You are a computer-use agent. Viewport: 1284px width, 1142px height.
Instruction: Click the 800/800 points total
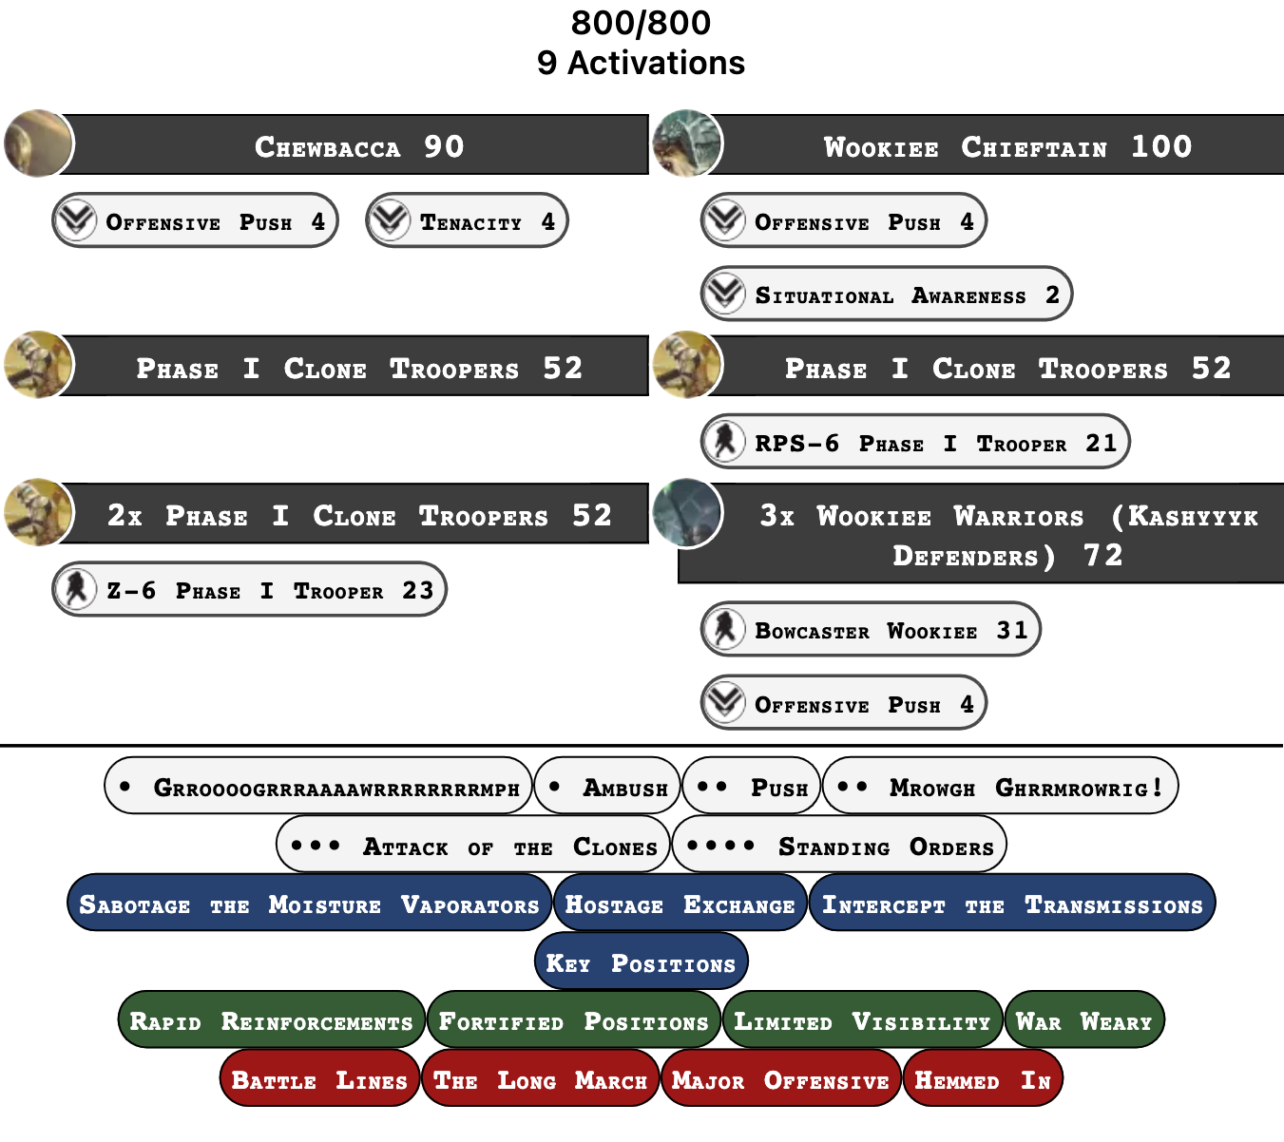pyautogui.click(x=641, y=23)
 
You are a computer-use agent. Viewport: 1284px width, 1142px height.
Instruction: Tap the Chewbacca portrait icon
pyautogui.click(x=39, y=143)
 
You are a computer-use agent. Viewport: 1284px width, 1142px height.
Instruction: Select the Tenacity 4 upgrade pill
pyautogui.click(x=467, y=220)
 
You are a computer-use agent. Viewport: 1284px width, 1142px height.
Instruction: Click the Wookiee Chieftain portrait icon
pyautogui.click(x=688, y=143)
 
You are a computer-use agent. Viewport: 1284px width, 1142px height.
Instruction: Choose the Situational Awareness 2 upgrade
pyautogui.click(x=887, y=295)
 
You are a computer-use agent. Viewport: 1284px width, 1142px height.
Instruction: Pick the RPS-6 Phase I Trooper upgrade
pyautogui.click(x=915, y=442)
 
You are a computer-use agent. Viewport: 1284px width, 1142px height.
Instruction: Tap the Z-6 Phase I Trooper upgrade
pyautogui.click(x=249, y=589)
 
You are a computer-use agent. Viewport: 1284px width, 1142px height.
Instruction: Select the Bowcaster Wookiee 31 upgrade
pyautogui.click(x=871, y=629)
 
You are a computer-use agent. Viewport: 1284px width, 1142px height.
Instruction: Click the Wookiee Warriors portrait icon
pyautogui.click(x=688, y=513)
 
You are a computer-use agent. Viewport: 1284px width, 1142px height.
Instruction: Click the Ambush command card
pyautogui.click(x=607, y=786)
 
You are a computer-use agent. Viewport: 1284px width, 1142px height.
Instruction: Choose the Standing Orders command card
pyautogui.click(x=839, y=844)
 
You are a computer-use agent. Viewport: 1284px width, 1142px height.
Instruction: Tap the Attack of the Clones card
pyautogui.click(x=472, y=844)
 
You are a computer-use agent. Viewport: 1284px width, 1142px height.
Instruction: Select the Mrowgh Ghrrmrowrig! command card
pyautogui.click(x=1000, y=786)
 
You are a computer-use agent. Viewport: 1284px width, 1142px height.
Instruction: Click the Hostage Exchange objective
pyautogui.click(x=680, y=903)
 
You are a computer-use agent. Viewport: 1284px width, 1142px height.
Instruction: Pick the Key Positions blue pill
pyautogui.click(x=642, y=961)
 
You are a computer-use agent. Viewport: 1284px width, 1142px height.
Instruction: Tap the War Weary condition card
pyautogui.click(x=1085, y=1019)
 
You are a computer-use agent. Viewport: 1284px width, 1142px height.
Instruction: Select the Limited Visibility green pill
pyautogui.click(x=863, y=1019)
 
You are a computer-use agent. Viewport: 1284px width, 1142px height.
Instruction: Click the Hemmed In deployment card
pyautogui.click(x=983, y=1078)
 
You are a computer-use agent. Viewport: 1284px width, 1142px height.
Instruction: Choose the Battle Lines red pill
pyautogui.click(x=319, y=1078)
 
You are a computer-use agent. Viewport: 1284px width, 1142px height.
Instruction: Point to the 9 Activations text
pyautogui.click(x=641, y=63)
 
